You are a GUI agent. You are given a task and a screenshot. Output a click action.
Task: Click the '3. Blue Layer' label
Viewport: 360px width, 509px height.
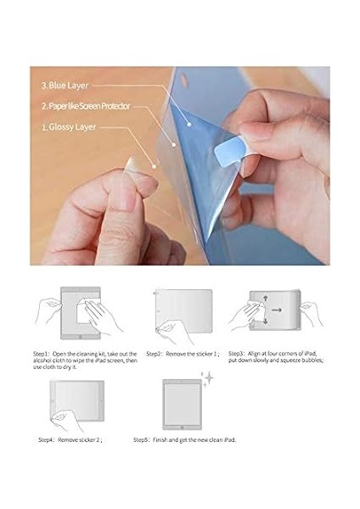pyautogui.click(x=65, y=86)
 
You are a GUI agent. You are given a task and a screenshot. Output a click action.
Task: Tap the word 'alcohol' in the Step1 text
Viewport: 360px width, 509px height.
pyautogui.click(x=44, y=360)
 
